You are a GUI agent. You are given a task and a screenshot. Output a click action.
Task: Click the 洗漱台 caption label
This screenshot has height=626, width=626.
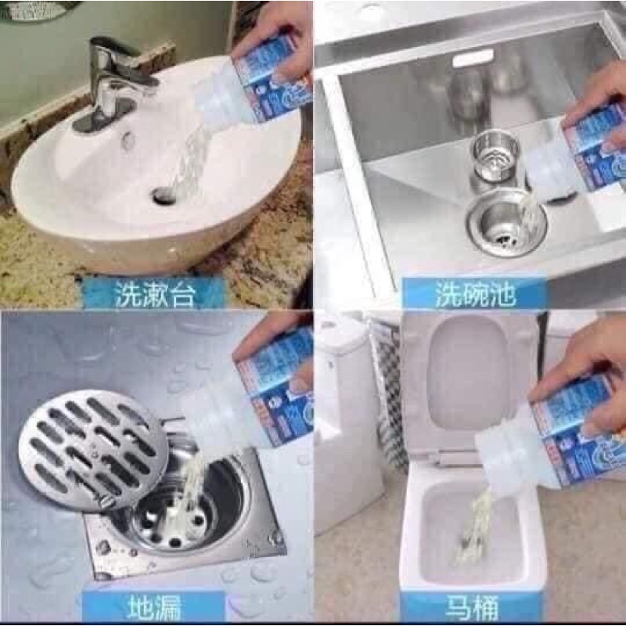click(x=154, y=294)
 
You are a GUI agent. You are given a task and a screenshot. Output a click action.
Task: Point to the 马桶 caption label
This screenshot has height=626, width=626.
click(x=469, y=606)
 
